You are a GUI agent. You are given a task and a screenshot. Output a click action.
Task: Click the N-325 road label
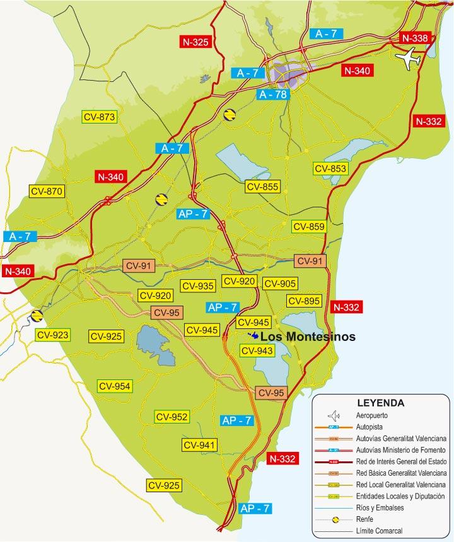tap(195, 42)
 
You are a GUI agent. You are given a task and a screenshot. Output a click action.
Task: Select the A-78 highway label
tap(273, 95)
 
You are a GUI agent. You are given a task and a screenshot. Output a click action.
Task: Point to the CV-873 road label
tap(99, 117)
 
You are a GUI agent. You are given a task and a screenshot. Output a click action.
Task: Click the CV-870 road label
tap(47, 191)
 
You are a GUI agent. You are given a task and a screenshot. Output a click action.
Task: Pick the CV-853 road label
tap(330, 168)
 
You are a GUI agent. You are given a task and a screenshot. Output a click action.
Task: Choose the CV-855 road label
tap(262, 187)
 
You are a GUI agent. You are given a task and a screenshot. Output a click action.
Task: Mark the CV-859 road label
tap(308, 227)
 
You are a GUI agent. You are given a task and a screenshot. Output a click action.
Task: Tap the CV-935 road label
tap(197, 285)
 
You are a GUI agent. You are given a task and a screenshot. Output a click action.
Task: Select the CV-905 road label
tap(280, 284)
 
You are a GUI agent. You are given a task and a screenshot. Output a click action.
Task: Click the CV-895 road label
tap(303, 301)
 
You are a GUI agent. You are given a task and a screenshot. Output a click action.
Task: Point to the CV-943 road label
tap(257, 350)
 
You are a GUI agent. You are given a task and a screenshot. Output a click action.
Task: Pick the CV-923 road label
tap(52, 335)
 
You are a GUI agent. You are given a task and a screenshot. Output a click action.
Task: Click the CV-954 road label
tap(114, 386)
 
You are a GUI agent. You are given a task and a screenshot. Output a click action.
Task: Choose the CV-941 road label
tap(199, 445)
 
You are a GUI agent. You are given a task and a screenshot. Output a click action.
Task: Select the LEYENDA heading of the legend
tap(380, 403)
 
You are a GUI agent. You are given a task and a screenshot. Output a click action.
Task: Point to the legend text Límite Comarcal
tap(379, 531)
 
